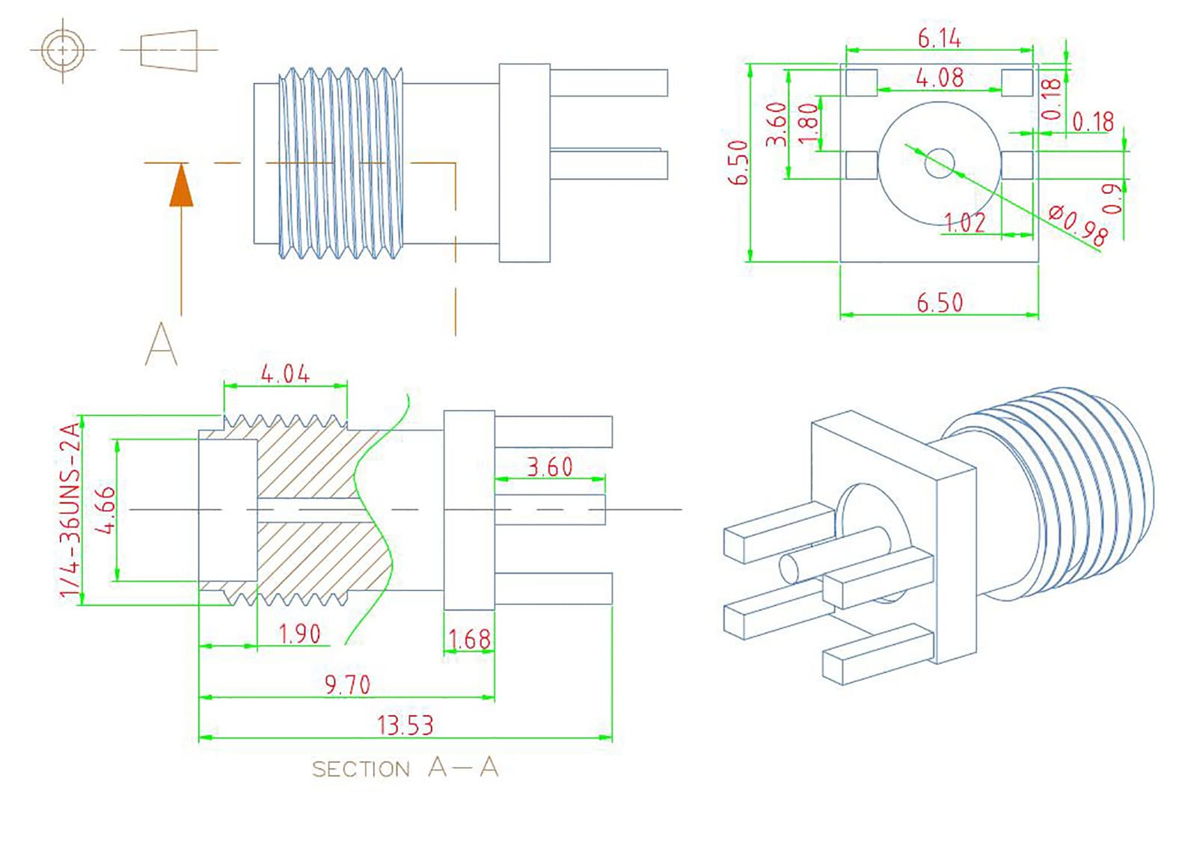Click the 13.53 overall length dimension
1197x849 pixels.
coord(405,725)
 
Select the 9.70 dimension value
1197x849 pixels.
coord(347,684)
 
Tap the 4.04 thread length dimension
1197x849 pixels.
coord(285,373)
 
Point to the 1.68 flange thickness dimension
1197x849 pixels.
coord(470,640)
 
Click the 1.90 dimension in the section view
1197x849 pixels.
coord(299,634)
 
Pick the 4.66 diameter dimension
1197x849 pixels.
coord(108,510)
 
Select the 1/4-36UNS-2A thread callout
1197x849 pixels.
coord(70,510)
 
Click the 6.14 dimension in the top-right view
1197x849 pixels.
coord(939,37)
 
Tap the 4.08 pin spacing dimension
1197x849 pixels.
coord(940,77)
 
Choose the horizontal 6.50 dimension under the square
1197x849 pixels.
coord(940,303)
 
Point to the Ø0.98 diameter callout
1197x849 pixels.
coord(1078,224)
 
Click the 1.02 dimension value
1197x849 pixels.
coord(965,222)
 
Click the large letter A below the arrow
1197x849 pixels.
coord(162,344)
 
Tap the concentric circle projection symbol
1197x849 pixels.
coord(63,50)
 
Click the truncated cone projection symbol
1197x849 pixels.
coord(169,50)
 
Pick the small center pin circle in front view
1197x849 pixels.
coord(940,163)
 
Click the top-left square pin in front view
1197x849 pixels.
coord(861,82)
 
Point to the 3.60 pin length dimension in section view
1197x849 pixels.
coord(550,467)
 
